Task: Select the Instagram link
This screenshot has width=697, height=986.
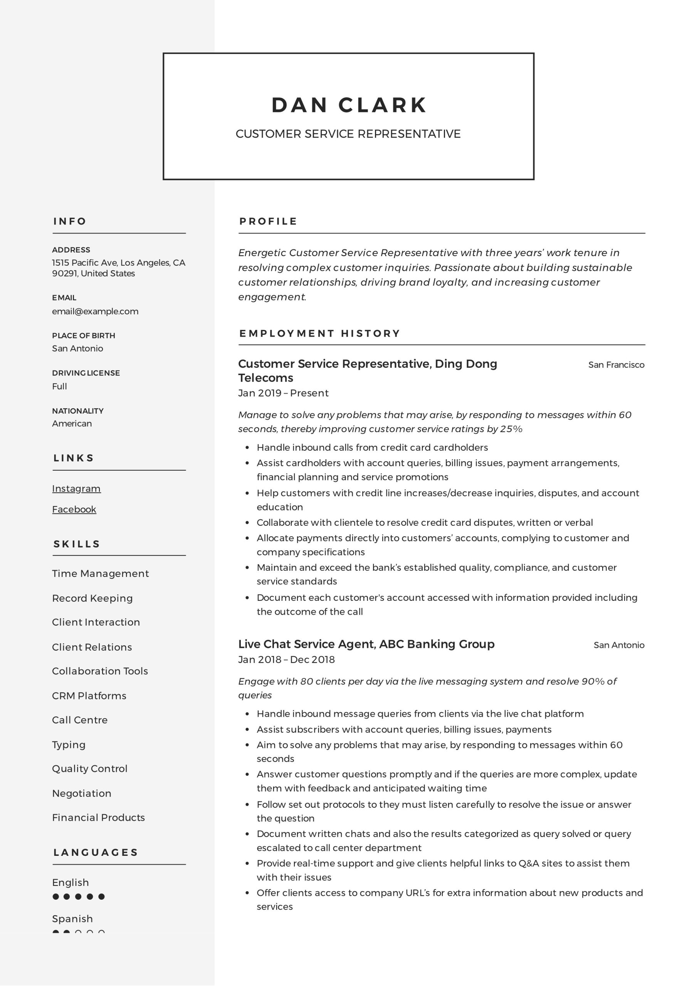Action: [76, 489]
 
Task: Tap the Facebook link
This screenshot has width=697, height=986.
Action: [74, 509]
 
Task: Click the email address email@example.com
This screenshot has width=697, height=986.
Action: [95, 311]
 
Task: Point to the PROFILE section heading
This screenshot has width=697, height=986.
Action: [268, 221]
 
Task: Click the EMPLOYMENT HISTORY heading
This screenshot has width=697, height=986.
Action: [320, 333]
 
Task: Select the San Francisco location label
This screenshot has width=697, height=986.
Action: [616, 365]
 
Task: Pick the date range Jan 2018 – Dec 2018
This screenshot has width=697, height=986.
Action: [286, 660]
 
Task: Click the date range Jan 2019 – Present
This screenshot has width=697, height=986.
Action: [283, 393]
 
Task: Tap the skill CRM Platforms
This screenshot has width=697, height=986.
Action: [89, 696]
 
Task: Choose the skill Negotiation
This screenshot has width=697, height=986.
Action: [82, 793]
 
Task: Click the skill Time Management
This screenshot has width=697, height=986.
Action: [100, 574]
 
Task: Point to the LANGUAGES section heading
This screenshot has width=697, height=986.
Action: [96, 852]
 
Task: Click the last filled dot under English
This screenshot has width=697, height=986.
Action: [101, 897]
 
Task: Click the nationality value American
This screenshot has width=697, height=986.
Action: [72, 424]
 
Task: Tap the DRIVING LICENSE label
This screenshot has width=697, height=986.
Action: [86, 373]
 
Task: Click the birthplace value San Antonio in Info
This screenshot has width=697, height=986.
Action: [77, 348]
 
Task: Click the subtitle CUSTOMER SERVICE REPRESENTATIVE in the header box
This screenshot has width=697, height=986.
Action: [348, 134]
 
